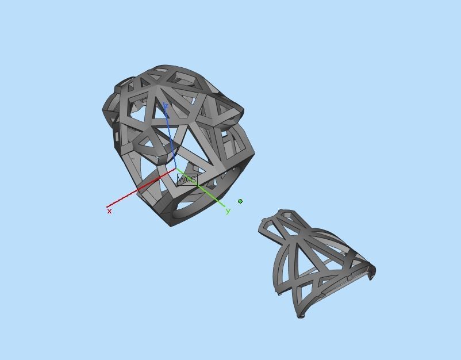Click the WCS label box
(187, 179)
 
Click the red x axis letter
(109, 212)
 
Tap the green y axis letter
(228, 211)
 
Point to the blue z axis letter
(165, 106)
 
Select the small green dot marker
(240, 201)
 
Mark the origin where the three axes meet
(176, 169)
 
